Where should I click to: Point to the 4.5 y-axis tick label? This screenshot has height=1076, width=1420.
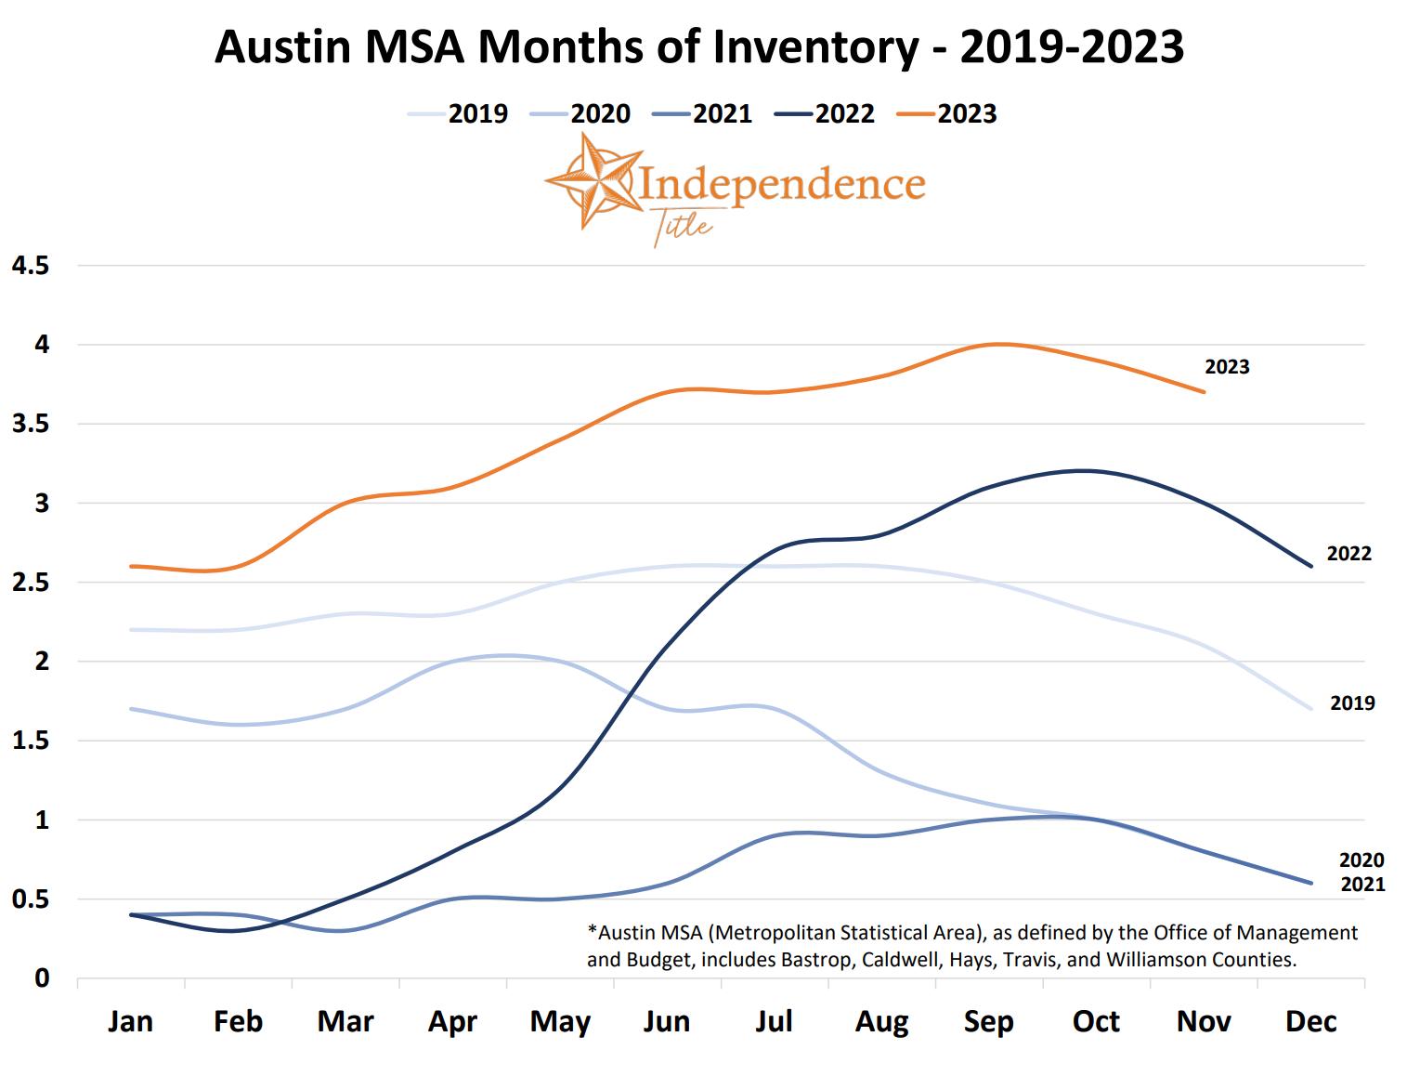point(30,266)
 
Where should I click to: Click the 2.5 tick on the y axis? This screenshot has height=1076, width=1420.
point(30,583)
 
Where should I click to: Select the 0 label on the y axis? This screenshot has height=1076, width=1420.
point(42,978)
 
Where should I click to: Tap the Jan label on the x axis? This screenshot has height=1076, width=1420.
point(130,1022)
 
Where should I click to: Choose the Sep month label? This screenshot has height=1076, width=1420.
point(988,1022)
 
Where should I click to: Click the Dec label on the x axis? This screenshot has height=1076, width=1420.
point(1310,1022)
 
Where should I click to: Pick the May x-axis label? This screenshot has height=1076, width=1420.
point(560,1022)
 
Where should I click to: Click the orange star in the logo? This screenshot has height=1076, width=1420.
point(592,180)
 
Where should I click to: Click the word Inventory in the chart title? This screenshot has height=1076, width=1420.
point(817,46)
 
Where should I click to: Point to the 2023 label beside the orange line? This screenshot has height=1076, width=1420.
point(1227,367)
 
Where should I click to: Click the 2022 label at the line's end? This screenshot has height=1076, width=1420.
point(1348,554)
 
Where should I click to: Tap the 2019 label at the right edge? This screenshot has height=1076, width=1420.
point(1352,703)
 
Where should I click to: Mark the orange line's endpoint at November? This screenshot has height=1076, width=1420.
point(1205,392)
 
